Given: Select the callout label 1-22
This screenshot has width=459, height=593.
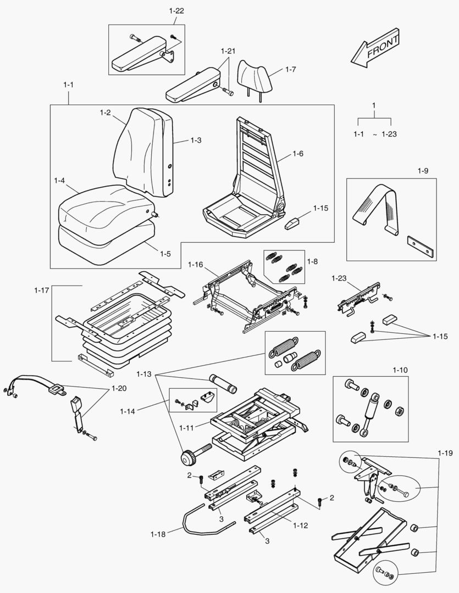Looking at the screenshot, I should (176, 11).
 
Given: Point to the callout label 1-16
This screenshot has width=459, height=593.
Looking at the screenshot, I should (196, 265).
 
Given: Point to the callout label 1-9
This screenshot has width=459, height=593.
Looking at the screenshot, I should (422, 171).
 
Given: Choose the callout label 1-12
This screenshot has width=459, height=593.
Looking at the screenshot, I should (300, 525).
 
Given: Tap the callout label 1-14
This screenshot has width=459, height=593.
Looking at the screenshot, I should (128, 410).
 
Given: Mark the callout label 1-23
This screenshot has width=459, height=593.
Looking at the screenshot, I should (339, 279).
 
